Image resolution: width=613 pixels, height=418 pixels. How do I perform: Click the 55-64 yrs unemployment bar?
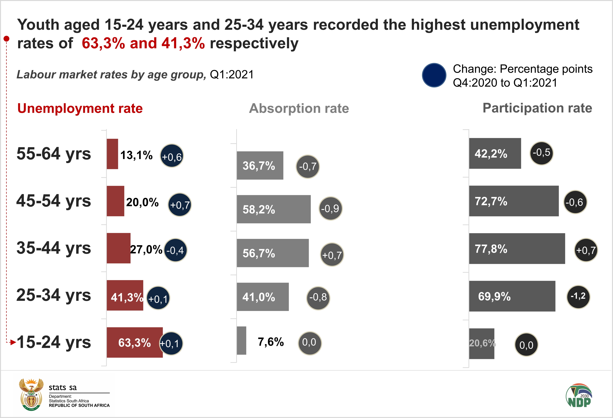click(x=112, y=154)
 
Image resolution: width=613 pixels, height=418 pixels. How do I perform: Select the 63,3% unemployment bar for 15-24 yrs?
click(x=134, y=342)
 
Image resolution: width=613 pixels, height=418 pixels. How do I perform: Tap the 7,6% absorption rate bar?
click(x=241, y=341)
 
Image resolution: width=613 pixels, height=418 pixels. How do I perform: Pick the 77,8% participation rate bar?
click(x=517, y=249)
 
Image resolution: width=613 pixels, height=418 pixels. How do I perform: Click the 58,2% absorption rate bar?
click(x=274, y=209)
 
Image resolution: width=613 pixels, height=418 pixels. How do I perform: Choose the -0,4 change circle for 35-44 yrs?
click(x=175, y=250)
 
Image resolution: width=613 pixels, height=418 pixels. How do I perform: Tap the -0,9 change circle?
click(x=330, y=208)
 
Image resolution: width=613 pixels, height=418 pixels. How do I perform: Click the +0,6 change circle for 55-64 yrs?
click(x=172, y=156)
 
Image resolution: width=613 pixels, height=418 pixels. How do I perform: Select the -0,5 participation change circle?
click(x=541, y=153)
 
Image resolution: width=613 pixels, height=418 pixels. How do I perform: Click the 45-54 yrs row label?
click(x=54, y=201)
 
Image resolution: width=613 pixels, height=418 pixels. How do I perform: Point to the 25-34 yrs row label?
click(x=54, y=295)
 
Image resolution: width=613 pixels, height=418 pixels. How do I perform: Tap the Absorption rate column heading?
click(x=299, y=108)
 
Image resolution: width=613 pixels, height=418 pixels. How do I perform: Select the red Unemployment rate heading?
click(x=80, y=108)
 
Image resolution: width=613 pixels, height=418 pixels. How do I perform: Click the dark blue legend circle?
click(x=434, y=75)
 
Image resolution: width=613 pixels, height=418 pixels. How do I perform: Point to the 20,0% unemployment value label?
click(x=142, y=202)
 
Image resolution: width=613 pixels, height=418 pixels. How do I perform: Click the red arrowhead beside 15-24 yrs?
click(x=13, y=342)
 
